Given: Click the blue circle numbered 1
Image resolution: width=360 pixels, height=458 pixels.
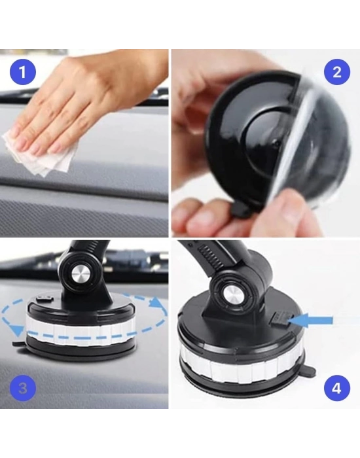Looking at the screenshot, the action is click(23, 71).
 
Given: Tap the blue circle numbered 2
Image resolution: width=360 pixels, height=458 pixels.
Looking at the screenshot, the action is click(337, 71).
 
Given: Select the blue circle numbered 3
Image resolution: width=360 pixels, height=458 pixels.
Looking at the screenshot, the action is click(23, 388).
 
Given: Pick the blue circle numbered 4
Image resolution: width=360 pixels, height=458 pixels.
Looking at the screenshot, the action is click(337, 388).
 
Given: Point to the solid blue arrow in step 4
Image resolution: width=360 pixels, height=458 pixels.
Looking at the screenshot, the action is click(310, 321).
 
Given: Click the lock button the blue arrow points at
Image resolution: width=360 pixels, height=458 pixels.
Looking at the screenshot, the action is click(280, 319).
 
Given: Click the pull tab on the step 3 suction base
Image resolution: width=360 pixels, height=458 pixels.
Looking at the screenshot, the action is click(19, 343).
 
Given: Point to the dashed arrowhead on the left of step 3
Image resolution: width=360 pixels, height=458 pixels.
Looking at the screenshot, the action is click(18, 331).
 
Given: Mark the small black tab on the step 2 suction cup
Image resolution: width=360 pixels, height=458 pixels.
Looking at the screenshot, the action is click(240, 210).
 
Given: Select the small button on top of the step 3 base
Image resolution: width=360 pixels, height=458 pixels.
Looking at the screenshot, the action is click(45, 299).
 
